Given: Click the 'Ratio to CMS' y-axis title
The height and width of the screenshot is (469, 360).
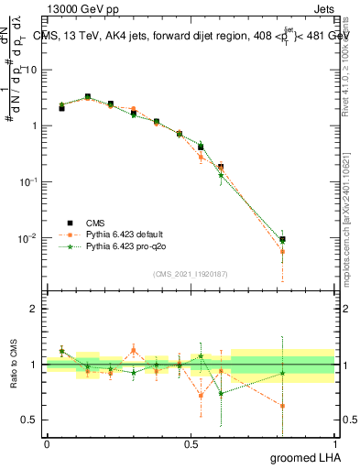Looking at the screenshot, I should [x=13, y=365].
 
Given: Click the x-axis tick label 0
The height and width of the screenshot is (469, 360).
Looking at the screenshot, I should [x=47, y=443].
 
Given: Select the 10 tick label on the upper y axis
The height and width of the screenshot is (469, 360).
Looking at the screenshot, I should [x=30, y=70].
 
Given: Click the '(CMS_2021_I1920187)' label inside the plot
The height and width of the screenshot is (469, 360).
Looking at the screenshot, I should [x=190, y=274].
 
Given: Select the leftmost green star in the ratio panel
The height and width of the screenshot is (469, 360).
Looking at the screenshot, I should [x=61, y=351].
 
